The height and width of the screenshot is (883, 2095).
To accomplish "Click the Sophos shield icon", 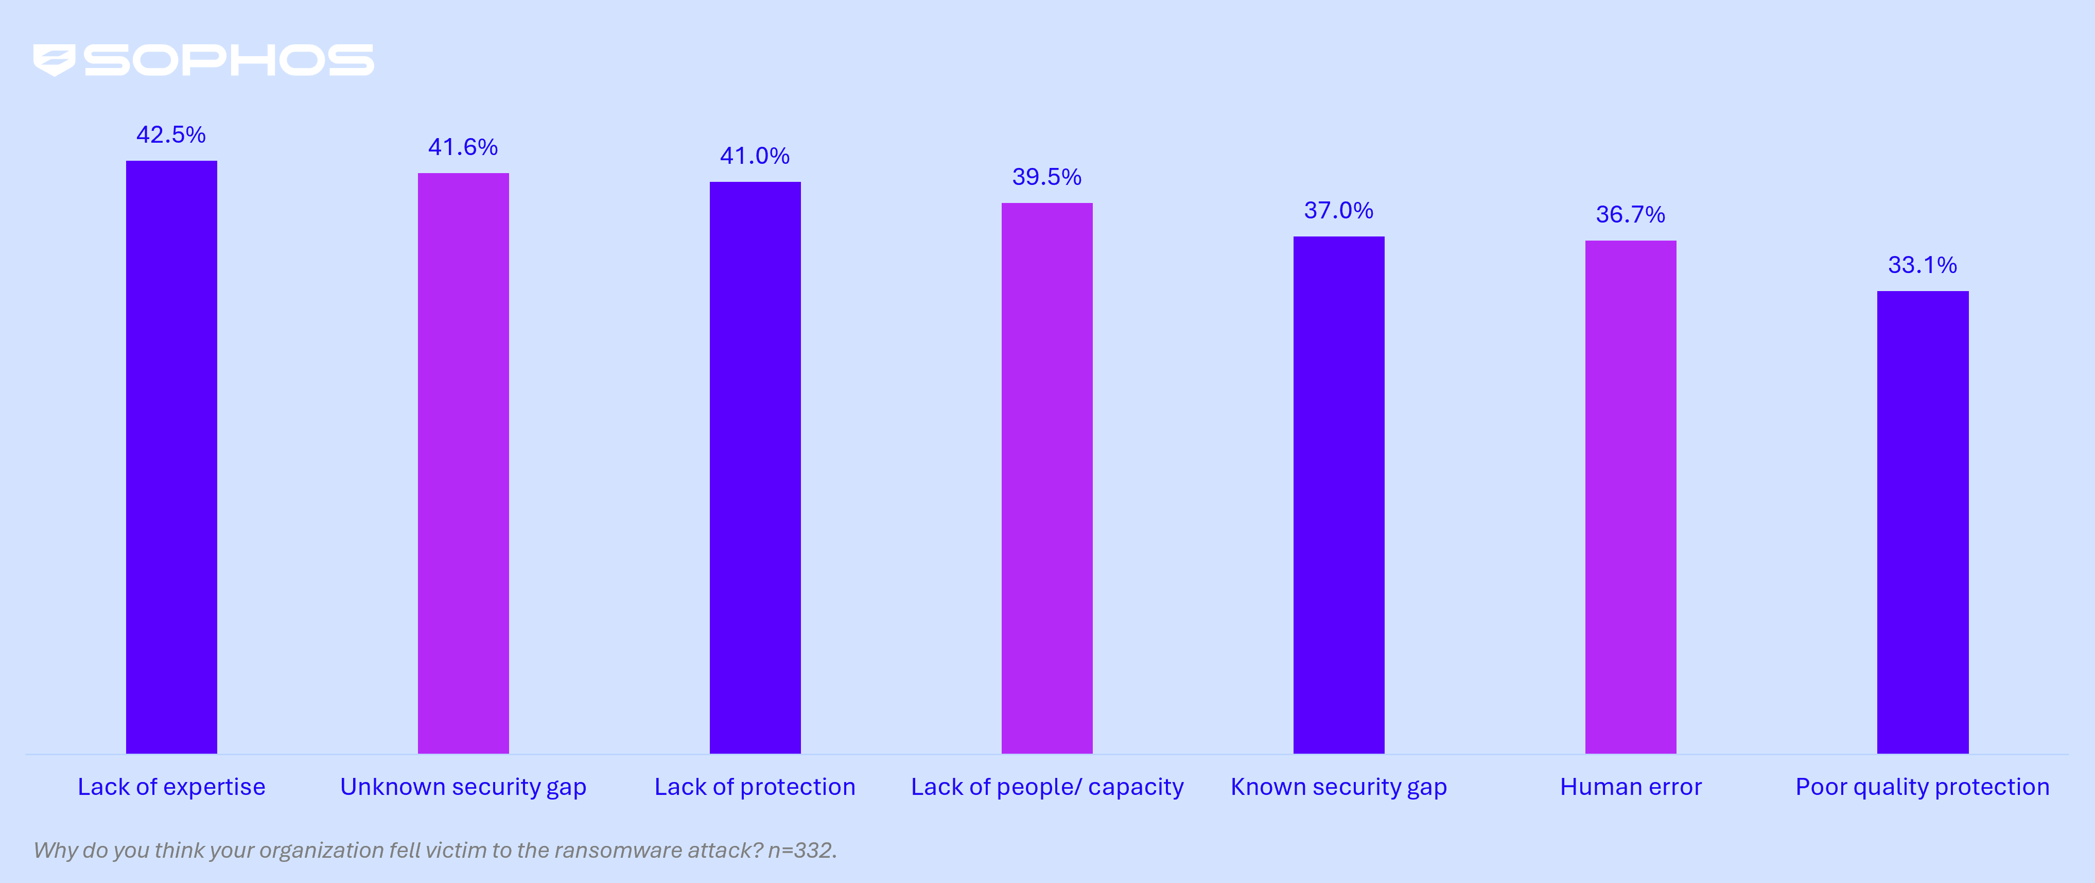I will coord(54,60).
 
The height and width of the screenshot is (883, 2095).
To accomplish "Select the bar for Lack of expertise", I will coord(171,456).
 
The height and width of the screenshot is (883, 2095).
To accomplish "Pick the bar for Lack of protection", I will coord(755,467).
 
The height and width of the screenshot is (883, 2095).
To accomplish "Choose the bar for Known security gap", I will coord(1339,495).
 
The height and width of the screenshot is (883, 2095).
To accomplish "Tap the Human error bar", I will coord(1631,497).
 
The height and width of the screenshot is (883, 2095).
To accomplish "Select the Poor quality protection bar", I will coord(1923,522).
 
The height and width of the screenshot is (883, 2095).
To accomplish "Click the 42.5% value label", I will coord(171,134).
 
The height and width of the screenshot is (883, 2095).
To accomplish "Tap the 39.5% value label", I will coord(1046,177).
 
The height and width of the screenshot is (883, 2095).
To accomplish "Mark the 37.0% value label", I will coord(1339,210).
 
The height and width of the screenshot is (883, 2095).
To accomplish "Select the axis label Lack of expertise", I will coord(171,787).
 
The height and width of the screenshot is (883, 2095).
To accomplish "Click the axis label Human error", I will coord(1631,787).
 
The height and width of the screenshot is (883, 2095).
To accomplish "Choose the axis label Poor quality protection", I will coord(1923,787).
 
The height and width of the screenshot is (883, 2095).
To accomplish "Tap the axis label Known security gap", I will coord(1339,787).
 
